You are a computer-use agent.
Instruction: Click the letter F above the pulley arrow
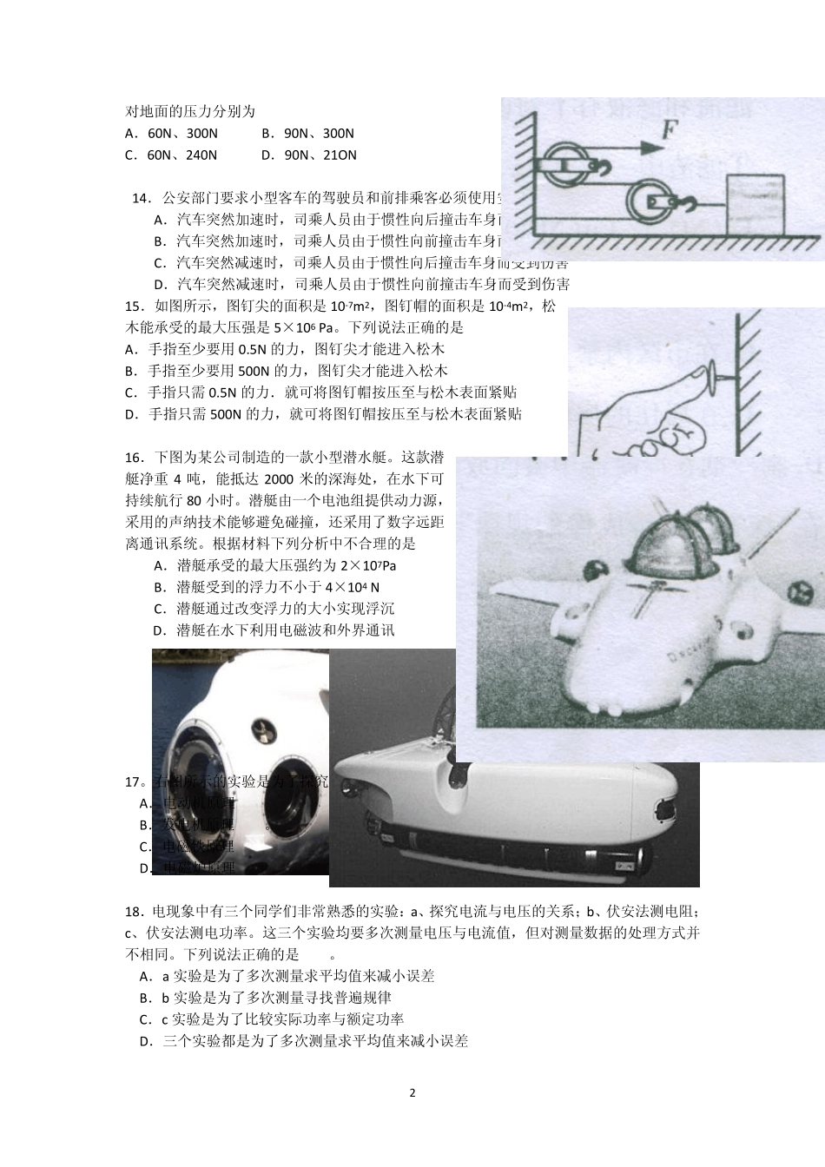670,130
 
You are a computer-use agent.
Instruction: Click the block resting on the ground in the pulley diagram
755,201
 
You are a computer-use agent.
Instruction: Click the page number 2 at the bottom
412,1092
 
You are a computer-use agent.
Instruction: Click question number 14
141,198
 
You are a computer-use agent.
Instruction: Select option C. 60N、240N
171,155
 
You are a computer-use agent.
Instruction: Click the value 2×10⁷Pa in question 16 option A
368,566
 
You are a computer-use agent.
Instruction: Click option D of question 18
304,1041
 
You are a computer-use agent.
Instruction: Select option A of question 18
287,976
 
